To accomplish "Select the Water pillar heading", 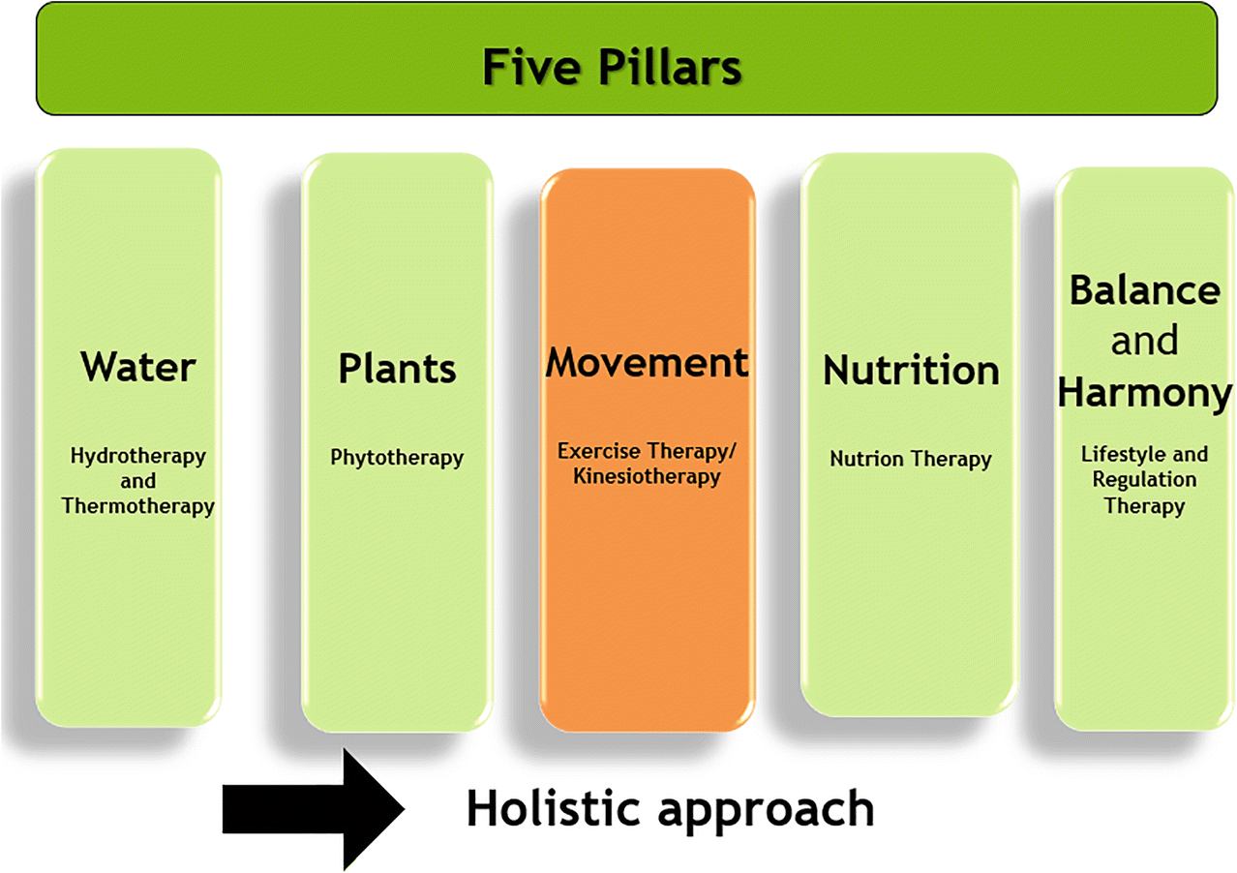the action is [138, 367].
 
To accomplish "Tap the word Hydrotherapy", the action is [138, 457].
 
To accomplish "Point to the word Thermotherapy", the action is [138, 507].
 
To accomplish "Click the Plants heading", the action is [397, 369].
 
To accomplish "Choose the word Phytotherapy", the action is [397, 459].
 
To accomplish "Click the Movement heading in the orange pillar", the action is [647, 362].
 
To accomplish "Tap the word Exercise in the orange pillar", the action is [598, 451].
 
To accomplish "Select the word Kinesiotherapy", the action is [647, 477].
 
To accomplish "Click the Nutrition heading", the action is [911, 370].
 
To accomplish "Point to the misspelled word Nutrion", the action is [867, 459].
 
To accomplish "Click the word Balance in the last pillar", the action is [1145, 290].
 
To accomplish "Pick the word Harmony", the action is [1145, 395].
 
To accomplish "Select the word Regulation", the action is [1145, 479].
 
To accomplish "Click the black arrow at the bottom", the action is [313, 809].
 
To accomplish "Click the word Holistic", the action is [554, 808].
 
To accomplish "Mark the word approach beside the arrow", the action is [767, 812].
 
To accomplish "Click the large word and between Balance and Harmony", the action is [1145, 341].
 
